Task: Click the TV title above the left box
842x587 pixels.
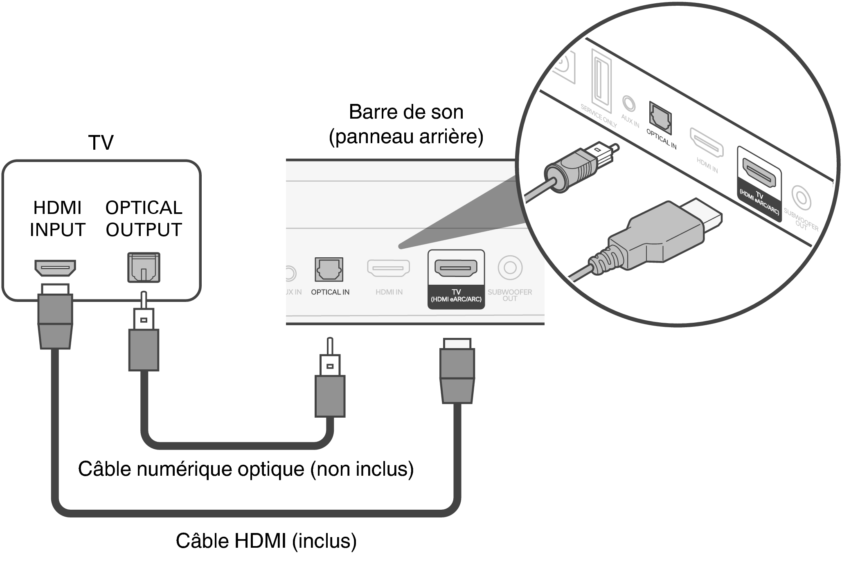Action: [101, 143]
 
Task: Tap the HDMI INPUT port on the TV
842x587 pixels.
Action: [55, 268]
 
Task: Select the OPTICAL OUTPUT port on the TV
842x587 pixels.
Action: [144, 268]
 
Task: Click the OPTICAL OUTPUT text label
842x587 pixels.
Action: [144, 218]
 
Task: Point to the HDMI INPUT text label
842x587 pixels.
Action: [57, 218]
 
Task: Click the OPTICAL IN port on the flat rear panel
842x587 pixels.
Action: [329, 269]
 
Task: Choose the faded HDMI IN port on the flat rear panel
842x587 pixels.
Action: [388, 268]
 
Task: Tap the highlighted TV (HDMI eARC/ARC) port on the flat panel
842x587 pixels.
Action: [456, 268]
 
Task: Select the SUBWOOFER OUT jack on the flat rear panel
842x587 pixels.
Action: [510, 268]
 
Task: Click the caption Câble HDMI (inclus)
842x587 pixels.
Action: [266, 541]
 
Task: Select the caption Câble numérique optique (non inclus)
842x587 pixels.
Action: [246, 469]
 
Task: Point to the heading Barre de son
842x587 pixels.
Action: [406, 112]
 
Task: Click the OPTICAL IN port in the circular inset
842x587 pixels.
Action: [660, 118]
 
